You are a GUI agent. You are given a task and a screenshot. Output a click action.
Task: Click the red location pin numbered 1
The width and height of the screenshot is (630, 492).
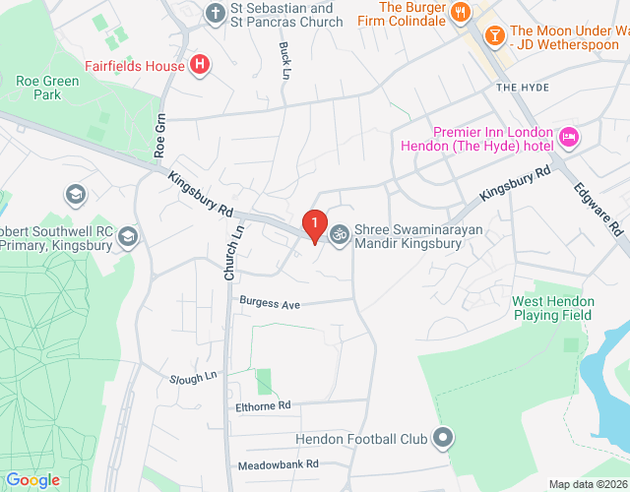(x=314, y=226)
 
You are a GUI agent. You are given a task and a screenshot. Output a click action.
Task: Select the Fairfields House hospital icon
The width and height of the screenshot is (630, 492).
(x=200, y=66)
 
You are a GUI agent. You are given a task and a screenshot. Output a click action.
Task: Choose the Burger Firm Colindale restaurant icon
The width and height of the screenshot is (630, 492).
(x=460, y=13)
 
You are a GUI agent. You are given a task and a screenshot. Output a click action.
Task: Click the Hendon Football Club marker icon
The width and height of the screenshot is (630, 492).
(x=444, y=437)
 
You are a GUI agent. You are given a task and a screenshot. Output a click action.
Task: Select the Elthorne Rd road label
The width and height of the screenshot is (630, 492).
(x=264, y=404)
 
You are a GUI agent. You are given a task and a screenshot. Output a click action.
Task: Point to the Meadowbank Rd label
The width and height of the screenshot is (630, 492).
(x=279, y=463)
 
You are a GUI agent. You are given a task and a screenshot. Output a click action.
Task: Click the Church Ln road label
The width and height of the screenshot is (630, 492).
(x=232, y=251)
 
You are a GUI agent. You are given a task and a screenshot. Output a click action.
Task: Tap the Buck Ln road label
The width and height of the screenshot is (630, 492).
(x=284, y=60)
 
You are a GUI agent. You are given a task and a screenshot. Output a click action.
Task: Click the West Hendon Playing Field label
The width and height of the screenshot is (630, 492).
(x=552, y=307)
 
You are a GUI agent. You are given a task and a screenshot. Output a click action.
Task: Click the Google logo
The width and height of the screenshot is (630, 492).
(x=31, y=480)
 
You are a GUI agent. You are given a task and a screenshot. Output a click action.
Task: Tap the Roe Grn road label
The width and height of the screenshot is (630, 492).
(x=161, y=137)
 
